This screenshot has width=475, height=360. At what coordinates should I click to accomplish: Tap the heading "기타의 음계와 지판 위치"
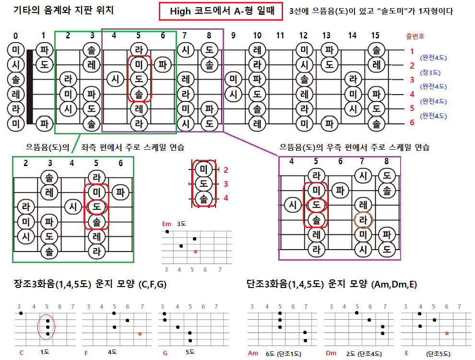(64, 10)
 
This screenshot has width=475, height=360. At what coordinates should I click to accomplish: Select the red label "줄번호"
(415, 36)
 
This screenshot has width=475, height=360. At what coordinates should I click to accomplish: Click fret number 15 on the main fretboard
(376, 36)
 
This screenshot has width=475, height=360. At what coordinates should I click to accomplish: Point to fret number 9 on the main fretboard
(233, 36)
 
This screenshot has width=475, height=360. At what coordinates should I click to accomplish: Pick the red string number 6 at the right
(412, 123)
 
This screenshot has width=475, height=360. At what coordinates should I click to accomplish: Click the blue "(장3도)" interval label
(430, 73)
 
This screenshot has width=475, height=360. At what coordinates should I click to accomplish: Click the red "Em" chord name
(166, 224)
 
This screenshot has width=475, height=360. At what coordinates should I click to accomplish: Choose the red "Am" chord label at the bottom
(253, 353)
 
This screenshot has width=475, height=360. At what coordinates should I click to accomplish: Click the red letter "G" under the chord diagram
(165, 353)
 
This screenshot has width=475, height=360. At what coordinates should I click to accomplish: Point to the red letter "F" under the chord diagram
(86, 353)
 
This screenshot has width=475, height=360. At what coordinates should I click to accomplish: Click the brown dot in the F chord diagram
(140, 334)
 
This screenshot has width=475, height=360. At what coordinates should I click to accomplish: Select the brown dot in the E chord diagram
(447, 332)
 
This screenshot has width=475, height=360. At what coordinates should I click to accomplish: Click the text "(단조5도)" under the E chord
(438, 354)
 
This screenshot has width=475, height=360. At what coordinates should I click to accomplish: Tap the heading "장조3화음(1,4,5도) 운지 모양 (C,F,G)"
(90, 284)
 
